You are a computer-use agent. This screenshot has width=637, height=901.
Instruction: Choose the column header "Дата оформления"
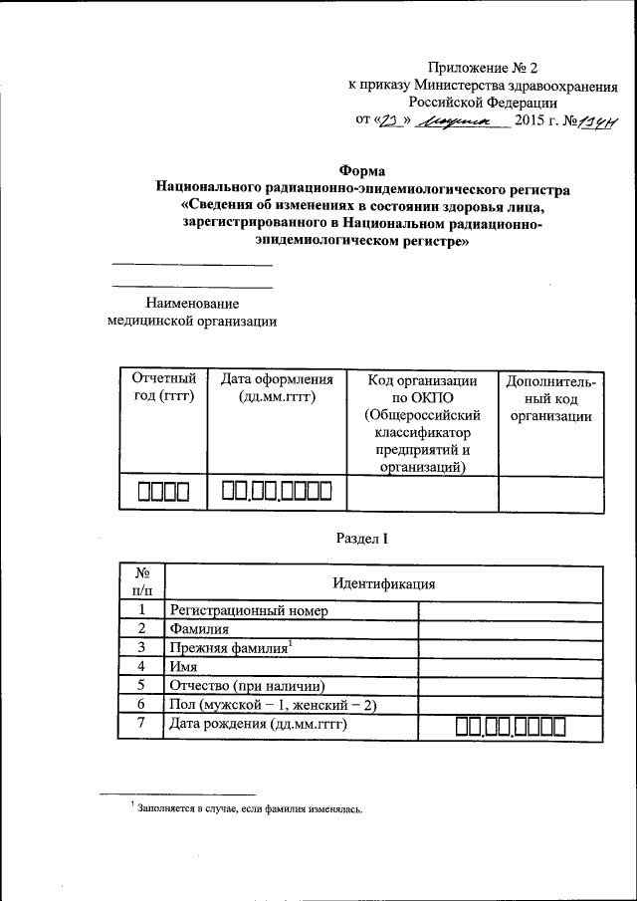click(x=276, y=388)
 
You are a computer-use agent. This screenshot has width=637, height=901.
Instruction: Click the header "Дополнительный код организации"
click(x=550, y=398)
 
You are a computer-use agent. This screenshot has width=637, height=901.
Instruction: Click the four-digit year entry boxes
click(x=162, y=492)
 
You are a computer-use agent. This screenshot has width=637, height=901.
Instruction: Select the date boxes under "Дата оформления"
click(x=276, y=491)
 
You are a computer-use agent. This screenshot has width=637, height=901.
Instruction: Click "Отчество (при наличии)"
click(x=248, y=686)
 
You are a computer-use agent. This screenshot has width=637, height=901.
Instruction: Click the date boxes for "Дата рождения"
click(x=511, y=728)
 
